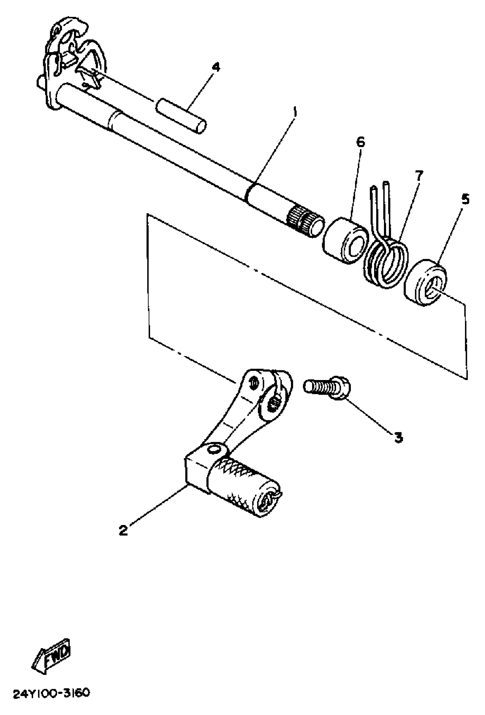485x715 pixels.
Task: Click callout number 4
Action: coord(217,67)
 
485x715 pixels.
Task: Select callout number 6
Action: coord(360,142)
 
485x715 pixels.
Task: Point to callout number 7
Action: coord(418,176)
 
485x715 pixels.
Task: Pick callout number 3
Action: coord(398,437)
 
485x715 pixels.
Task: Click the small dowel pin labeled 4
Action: coord(181,115)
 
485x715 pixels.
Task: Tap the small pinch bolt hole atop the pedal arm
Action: coord(254,383)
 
